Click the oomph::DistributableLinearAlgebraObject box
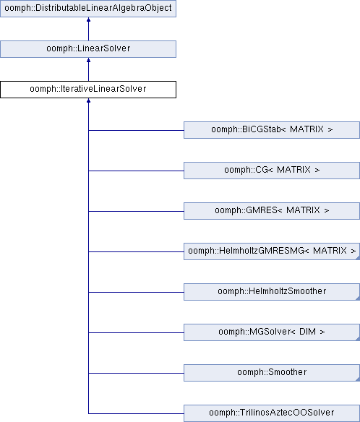click(x=88, y=9)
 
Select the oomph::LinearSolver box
click(x=88, y=49)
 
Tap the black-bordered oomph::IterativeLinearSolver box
click(x=88, y=90)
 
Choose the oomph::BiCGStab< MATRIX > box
click(x=272, y=130)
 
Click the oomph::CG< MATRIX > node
click(x=272, y=171)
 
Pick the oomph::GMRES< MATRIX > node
click(x=272, y=211)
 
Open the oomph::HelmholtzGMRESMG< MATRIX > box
click(x=272, y=251)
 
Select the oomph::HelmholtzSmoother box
click(x=272, y=292)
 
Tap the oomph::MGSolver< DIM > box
click(x=272, y=332)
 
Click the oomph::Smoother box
click(x=272, y=373)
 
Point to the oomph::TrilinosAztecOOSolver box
click(x=272, y=413)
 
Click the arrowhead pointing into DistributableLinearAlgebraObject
click(x=88, y=20)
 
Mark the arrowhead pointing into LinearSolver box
click(x=88, y=60)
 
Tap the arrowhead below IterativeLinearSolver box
click(x=88, y=100)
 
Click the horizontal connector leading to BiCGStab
click(x=136, y=130)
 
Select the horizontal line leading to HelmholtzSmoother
click(x=136, y=292)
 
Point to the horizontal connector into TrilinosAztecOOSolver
click(x=136, y=413)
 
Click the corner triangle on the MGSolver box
click(x=358, y=339)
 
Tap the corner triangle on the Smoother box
click(x=358, y=379)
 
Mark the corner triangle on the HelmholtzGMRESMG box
click(x=358, y=258)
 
